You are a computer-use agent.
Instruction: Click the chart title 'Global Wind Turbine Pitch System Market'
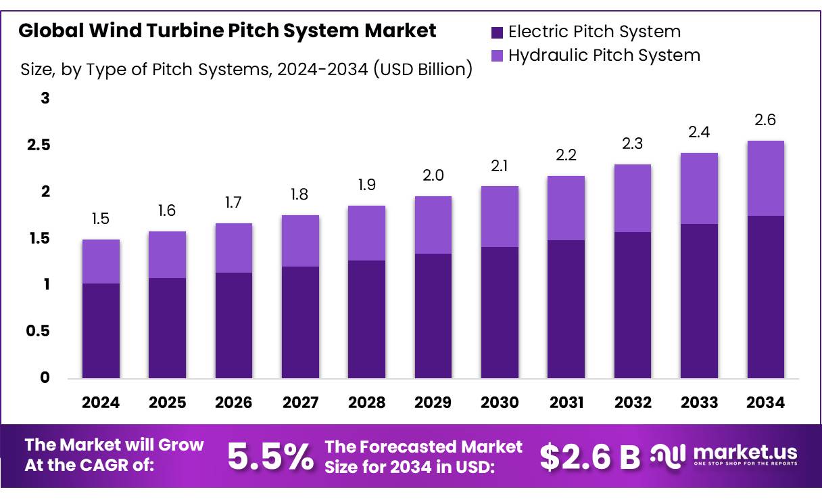click(x=227, y=31)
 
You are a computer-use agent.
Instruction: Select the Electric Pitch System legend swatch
click(x=497, y=32)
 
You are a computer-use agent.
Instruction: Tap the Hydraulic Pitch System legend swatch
click(x=497, y=55)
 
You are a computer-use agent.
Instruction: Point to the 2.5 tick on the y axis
click(x=38, y=145)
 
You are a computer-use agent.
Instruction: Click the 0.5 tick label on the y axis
click(x=38, y=331)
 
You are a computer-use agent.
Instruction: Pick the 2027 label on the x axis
click(x=300, y=403)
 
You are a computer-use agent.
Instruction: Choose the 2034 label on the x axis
click(x=765, y=403)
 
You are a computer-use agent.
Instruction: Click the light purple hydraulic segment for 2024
click(x=101, y=261)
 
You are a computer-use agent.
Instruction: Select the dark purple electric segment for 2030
click(x=500, y=312)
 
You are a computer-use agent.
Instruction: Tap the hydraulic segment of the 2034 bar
click(x=765, y=178)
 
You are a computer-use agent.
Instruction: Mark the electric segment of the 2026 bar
click(x=234, y=325)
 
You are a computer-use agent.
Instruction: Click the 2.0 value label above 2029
click(x=433, y=176)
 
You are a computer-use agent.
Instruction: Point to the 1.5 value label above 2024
click(x=100, y=219)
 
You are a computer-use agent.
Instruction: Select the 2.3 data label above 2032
click(x=633, y=144)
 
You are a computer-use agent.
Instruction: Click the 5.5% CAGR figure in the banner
click(x=270, y=457)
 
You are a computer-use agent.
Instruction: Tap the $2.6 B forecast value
click(x=589, y=457)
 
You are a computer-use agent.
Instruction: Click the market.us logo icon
click(x=668, y=455)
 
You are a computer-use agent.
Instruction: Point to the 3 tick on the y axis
click(x=45, y=99)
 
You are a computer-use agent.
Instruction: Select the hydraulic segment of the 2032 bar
click(x=633, y=198)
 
